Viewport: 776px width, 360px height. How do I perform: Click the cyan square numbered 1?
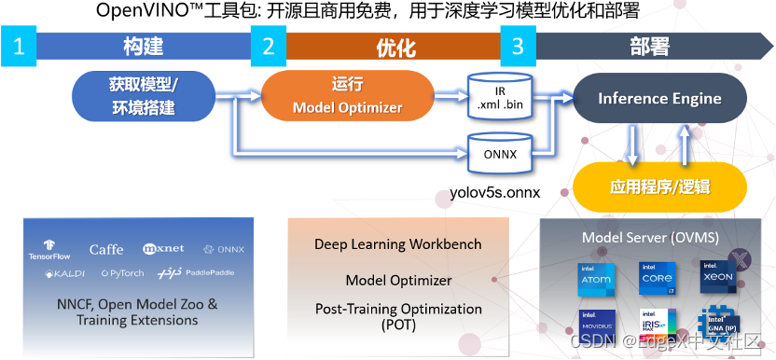[x=19, y=48]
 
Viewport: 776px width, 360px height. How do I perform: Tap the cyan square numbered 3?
[x=518, y=48]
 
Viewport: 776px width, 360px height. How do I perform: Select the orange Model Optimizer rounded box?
[x=347, y=96]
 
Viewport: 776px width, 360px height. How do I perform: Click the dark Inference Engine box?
[x=659, y=98]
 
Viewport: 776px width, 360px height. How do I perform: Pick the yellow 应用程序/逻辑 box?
[x=659, y=187]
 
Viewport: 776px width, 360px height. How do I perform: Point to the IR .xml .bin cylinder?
[x=501, y=97]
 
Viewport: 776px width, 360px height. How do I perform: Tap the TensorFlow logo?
[x=48, y=249]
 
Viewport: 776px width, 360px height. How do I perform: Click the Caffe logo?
[x=106, y=250]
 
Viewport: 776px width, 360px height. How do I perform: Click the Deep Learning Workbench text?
[x=399, y=244]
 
